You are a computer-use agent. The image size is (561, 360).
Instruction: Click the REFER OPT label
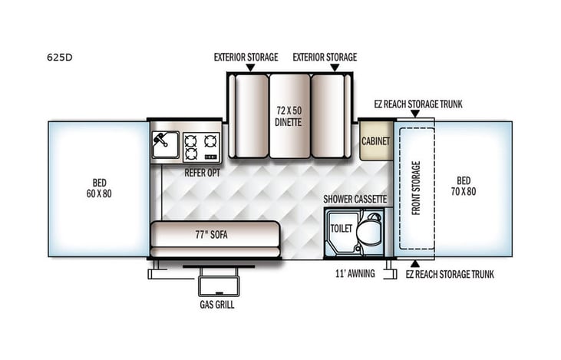(x=201, y=172)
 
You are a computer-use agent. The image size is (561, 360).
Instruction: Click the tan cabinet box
(x=376, y=141)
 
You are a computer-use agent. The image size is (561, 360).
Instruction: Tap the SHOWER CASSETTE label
(x=355, y=200)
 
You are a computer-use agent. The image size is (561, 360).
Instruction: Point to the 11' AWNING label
(x=355, y=274)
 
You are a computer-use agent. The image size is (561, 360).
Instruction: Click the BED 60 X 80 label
(x=99, y=188)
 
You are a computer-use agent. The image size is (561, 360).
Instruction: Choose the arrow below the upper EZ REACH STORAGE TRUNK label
(x=414, y=114)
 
